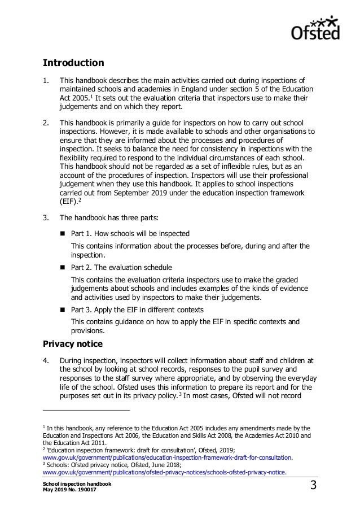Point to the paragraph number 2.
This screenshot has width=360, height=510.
pyautogui.click(x=46, y=122)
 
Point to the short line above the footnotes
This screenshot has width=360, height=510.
pyautogui.click(x=86, y=409)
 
